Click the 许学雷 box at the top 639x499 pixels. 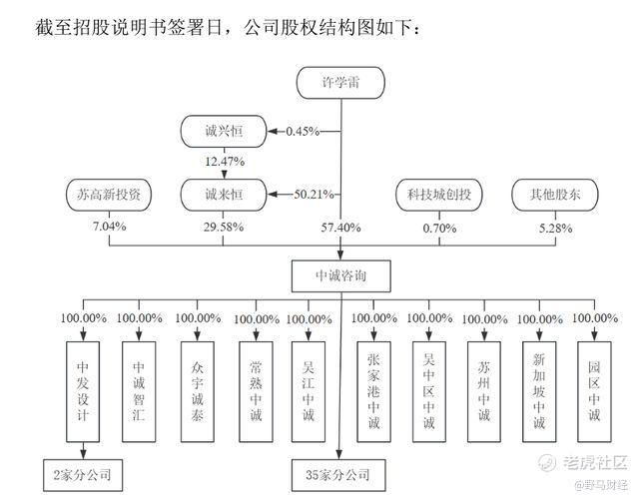coord(340,83)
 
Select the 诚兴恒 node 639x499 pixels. coord(224,131)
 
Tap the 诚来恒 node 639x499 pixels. coord(224,195)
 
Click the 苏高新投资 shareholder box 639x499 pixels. coord(109,195)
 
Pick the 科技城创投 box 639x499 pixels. coord(439,195)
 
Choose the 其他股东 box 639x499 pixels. coord(555,195)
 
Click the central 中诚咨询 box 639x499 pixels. coord(341,276)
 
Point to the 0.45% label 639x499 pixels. coord(303,131)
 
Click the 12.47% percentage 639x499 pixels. coord(225,162)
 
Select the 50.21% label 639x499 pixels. coord(314,195)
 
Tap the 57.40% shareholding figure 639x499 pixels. coord(340,228)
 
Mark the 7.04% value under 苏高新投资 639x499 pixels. coord(109,227)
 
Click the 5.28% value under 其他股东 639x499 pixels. coord(555,229)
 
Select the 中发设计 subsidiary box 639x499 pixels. coord(83,392)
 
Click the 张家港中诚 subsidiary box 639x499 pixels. coord(373,392)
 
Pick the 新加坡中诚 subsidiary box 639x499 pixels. coord(539,392)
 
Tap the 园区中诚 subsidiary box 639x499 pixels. coord(594,392)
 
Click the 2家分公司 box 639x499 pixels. coord(83,475)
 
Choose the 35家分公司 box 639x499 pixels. coord(338,475)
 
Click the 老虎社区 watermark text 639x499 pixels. coord(595,462)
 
